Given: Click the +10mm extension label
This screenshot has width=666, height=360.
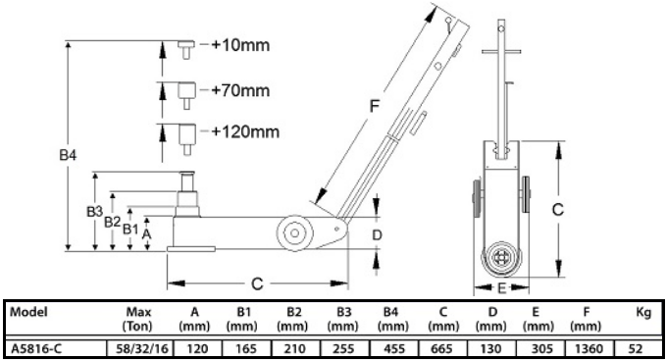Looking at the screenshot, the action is tap(240, 45).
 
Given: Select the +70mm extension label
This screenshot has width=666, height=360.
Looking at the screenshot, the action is tap(240, 90).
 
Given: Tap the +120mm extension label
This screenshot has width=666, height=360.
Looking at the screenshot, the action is tap(245, 132).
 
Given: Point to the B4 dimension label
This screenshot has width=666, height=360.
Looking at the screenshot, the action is tap(68, 155).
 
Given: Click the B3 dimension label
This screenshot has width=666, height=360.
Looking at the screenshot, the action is tap(95, 212).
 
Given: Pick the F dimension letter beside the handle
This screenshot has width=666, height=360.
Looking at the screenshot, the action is tap(374, 106).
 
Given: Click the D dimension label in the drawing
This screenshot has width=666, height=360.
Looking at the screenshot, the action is tap(377, 234).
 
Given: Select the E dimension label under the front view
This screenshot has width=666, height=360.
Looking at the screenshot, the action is tap(501, 288).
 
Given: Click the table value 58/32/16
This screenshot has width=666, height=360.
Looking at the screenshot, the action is tap(142, 349).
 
